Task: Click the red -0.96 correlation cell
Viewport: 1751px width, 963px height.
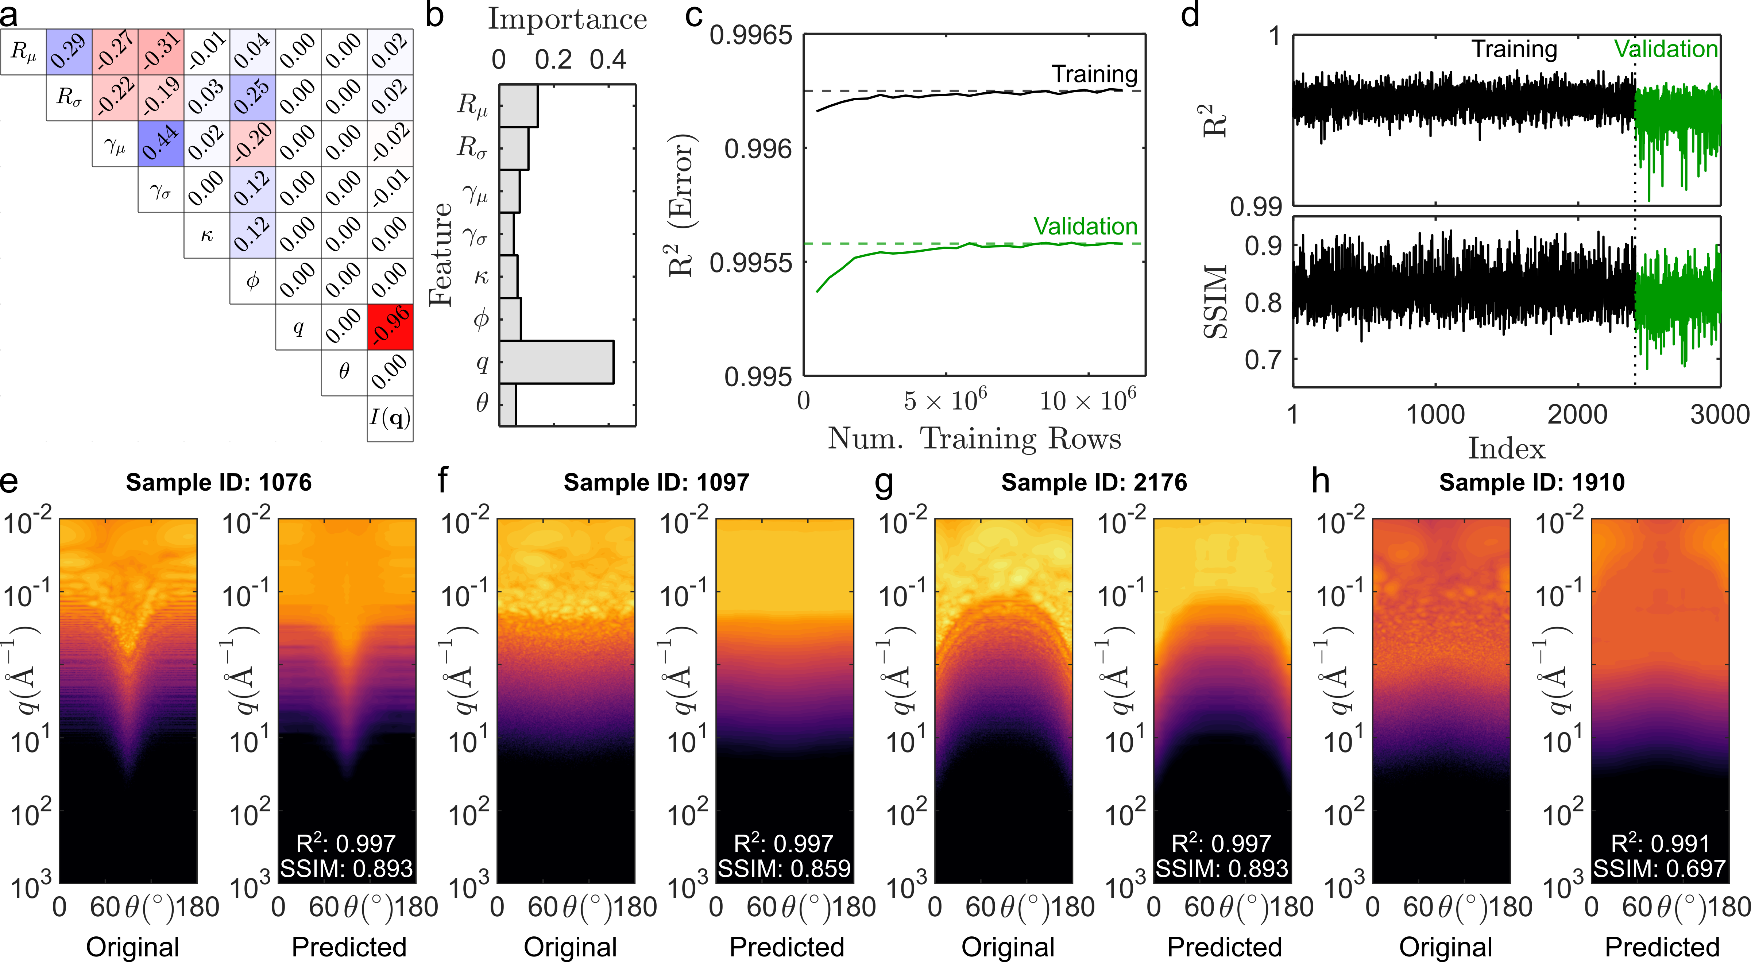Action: tap(390, 327)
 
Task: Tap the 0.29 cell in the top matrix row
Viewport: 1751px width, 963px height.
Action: tap(69, 52)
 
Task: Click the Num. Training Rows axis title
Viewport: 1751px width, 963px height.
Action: tap(974, 439)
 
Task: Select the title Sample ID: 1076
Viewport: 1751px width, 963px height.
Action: tap(219, 483)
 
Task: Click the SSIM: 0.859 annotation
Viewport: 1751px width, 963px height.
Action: tap(784, 869)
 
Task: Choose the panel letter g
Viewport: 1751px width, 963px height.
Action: tap(884, 483)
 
